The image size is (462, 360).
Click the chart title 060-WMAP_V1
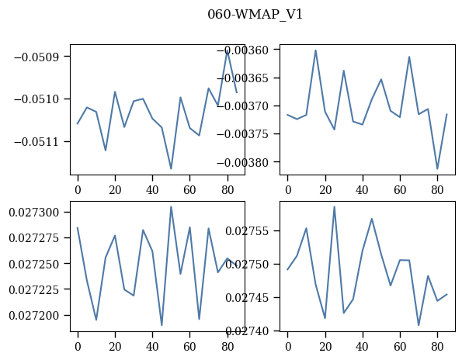[255, 15]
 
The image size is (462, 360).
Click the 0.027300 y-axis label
[36, 213]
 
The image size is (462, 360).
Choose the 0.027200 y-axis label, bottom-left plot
[36, 316]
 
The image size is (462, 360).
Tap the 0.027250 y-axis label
[36, 264]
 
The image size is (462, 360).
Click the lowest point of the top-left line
[171, 169]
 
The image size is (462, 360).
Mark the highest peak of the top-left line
[228, 50]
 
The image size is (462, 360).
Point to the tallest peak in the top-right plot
[315, 50]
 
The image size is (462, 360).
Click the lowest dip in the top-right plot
[437, 169]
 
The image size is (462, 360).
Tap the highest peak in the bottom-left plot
[171, 206]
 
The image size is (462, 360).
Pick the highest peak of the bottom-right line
[335, 206]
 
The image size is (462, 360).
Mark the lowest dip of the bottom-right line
[419, 325]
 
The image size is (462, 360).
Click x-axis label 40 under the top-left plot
[152, 190]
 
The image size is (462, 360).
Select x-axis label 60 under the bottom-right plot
[400, 347]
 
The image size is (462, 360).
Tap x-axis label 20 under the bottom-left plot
[115, 347]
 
